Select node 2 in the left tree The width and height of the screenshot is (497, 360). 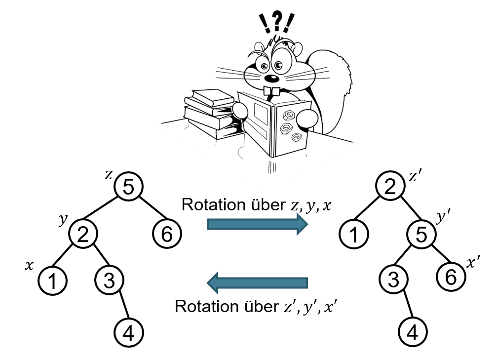pos(83,232)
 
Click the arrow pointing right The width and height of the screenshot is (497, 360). pos(256,225)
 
